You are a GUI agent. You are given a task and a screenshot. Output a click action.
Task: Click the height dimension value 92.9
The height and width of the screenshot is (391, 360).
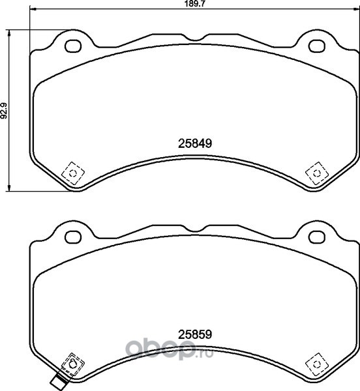(5, 110)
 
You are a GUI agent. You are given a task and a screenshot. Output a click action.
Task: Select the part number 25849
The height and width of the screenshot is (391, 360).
(195, 143)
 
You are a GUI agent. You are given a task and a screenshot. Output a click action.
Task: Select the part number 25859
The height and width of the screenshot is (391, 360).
(195, 334)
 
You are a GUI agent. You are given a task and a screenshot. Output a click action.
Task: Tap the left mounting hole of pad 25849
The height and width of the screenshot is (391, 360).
(73, 46)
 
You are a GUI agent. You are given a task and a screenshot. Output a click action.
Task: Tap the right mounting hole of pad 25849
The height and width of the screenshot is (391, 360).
(317, 46)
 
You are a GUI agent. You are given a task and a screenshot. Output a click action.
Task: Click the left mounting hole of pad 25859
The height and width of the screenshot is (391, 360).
(73, 237)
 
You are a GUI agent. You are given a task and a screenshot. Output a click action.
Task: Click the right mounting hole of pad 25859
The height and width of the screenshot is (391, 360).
(317, 237)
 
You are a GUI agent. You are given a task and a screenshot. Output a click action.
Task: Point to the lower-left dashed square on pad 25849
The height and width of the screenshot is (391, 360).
(73, 173)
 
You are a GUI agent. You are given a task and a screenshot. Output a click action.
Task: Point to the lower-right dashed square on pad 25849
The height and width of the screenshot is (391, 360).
(317, 173)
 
